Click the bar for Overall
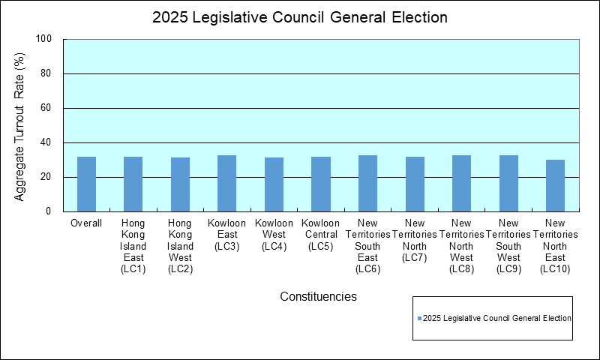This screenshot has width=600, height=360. pyautogui.click(x=86, y=184)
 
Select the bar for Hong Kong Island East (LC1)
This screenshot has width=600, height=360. pyautogui.click(x=133, y=184)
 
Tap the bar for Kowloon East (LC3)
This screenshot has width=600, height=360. pyautogui.click(x=226, y=184)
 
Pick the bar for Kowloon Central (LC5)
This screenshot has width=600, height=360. pyautogui.click(x=320, y=184)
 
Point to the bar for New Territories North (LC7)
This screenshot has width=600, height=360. pyautogui.click(x=415, y=184)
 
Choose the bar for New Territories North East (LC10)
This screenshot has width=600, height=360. pyautogui.click(x=555, y=186)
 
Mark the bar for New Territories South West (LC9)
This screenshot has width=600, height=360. pyautogui.click(x=508, y=184)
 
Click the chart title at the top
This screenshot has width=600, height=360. pyautogui.click(x=300, y=17)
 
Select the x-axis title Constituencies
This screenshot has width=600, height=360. pyautogui.click(x=318, y=296)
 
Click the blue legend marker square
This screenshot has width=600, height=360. pyautogui.click(x=419, y=319)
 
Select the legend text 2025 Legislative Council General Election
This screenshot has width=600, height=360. pyautogui.click(x=497, y=319)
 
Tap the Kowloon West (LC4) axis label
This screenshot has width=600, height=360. pyautogui.click(x=274, y=235)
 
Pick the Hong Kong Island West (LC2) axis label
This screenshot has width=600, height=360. pyautogui.click(x=180, y=246)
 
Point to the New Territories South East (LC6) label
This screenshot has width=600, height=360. pyautogui.click(x=367, y=246)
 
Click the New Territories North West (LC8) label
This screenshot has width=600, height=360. pyautogui.click(x=461, y=246)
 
